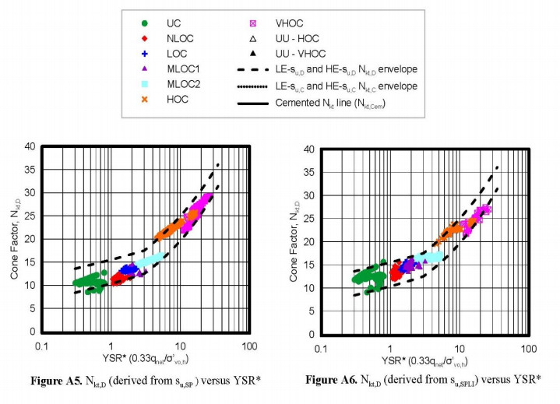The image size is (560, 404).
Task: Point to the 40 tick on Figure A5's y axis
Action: coord(32,146)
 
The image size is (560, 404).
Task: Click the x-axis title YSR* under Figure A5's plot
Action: coord(146,359)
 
